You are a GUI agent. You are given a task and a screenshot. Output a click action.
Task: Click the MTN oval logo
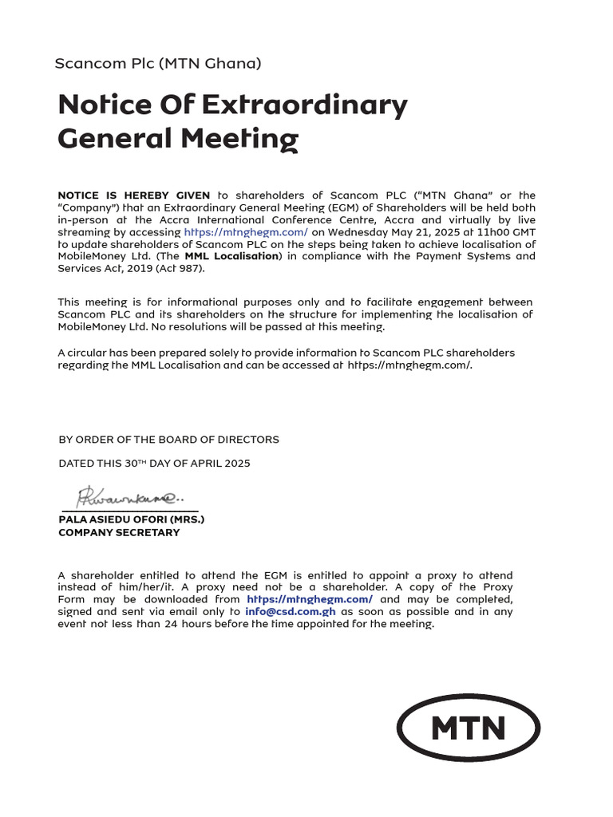click(x=469, y=728)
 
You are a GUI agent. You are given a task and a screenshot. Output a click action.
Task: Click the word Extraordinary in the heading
click(x=305, y=105)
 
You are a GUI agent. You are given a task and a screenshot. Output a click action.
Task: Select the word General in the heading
click(x=115, y=140)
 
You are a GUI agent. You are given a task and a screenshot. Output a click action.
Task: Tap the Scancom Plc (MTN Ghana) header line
click(x=157, y=63)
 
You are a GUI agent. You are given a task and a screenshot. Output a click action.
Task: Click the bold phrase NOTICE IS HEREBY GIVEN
click(x=134, y=195)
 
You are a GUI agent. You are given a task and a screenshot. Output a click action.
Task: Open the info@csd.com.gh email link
click(x=290, y=612)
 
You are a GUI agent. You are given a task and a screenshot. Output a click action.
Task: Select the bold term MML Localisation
click(x=231, y=256)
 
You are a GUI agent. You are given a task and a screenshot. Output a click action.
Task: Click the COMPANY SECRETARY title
click(x=119, y=533)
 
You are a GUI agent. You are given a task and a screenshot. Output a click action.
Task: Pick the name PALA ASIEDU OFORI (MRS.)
click(x=132, y=519)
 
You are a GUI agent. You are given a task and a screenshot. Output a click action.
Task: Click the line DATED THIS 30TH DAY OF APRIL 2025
click(x=154, y=464)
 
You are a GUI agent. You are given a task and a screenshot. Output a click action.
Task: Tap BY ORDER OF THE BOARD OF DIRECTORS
click(x=168, y=440)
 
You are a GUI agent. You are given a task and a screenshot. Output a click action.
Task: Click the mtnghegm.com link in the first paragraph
click(x=246, y=232)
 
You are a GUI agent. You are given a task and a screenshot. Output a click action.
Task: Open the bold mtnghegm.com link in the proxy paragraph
click(x=310, y=599)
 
